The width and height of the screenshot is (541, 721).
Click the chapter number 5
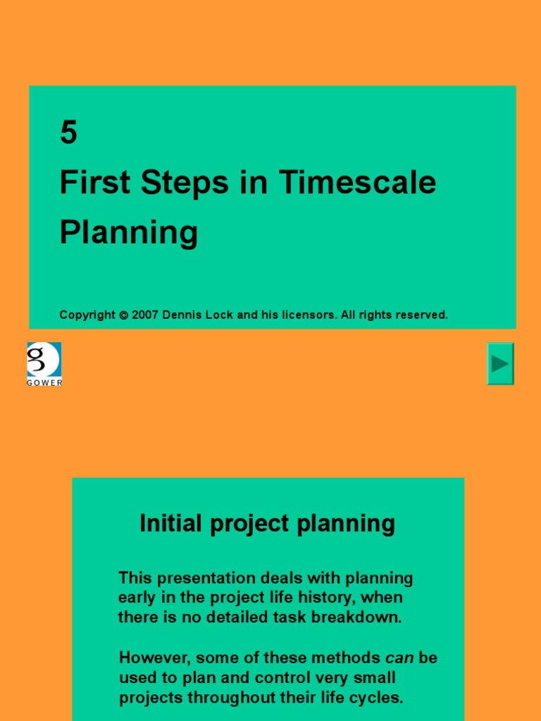coord(68,132)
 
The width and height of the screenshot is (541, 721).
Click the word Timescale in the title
coord(357,183)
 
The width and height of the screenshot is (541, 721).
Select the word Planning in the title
coord(128,233)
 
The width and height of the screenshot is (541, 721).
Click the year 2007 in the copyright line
coord(144,315)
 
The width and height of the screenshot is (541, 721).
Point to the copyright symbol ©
coord(123,315)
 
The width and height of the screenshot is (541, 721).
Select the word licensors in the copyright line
coord(309,315)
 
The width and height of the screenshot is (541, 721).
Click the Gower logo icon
coord(44,360)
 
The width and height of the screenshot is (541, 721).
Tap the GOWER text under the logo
coord(44,382)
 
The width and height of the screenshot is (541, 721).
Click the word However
coord(154,658)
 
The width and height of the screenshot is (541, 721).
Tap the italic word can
coord(399,658)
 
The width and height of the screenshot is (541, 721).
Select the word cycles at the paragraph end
coord(377,698)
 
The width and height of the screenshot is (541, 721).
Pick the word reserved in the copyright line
coord(421,315)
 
